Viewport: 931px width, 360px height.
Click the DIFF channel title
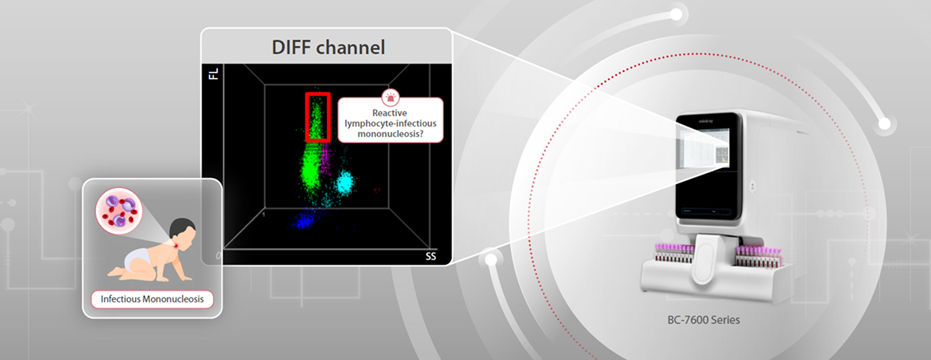click(x=328, y=48)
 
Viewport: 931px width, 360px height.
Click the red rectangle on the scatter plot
click(x=318, y=116)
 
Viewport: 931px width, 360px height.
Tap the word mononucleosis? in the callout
click(x=391, y=134)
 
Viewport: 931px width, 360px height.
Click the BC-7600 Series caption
click(x=705, y=320)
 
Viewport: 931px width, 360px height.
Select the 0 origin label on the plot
click(x=219, y=256)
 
